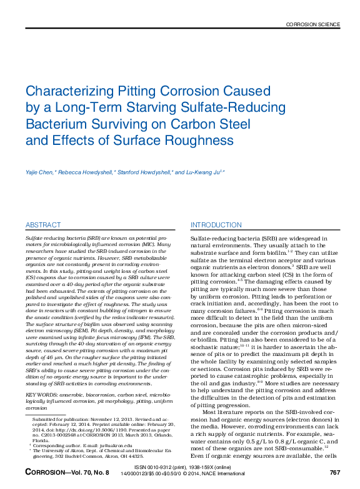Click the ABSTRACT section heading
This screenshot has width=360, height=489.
(x=43, y=225)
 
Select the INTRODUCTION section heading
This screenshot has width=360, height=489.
(x=216, y=225)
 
